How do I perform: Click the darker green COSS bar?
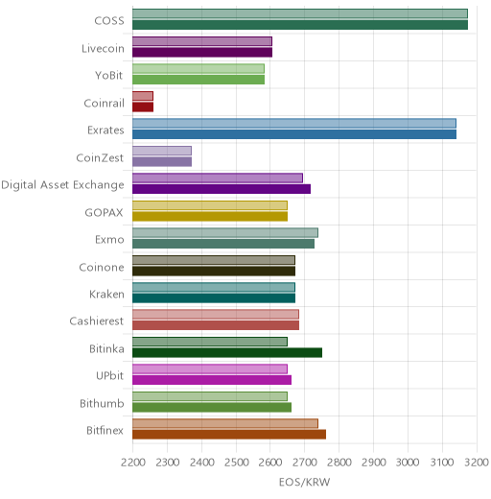pos(300,25)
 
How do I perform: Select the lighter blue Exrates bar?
pos(294,123)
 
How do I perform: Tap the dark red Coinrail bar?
pos(143,107)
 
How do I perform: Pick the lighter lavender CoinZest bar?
pos(162,151)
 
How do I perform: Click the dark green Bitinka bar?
pos(227,353)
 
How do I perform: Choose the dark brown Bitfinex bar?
pos(229,435)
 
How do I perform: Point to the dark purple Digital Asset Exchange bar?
pos(222,189)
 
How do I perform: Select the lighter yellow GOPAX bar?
pos(210,205)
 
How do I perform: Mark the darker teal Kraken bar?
pos(214,298)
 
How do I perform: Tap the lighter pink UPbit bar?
pos(210,369)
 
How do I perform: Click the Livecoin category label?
pos(103,49)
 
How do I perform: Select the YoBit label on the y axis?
pos(109,76)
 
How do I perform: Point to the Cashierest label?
pos(97,321)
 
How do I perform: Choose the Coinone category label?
pos(102,267)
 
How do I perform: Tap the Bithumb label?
pos(102,403)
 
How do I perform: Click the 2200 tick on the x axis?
pos(133,463)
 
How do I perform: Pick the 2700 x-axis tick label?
pos(305,463)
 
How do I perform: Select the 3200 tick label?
pos(477,463)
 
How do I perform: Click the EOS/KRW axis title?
pos(304,482)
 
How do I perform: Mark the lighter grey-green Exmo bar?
pos(225,233)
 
